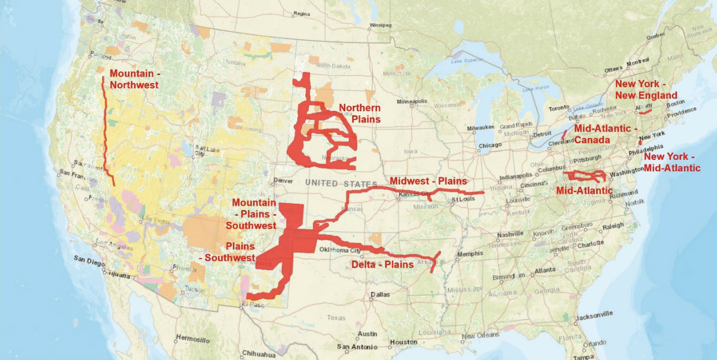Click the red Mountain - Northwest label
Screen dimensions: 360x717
click(134, 79)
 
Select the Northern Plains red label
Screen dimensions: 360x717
click(359, 113)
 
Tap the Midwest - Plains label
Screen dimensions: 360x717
click(428, 181)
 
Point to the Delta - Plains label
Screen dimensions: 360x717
click(382, 264)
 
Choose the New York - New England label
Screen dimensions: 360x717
click(646, 89)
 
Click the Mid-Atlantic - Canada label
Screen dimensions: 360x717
click(606, 134)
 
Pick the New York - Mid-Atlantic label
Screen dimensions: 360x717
click(671, 162)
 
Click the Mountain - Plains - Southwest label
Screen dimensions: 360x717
click(253, 214)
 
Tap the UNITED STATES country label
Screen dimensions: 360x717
click(341, 183)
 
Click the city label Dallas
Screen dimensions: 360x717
click(380, 294)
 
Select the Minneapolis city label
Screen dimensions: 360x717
click(412, 102)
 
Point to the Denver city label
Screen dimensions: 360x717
click(283, 181)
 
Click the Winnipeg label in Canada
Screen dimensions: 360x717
click(380, 25)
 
